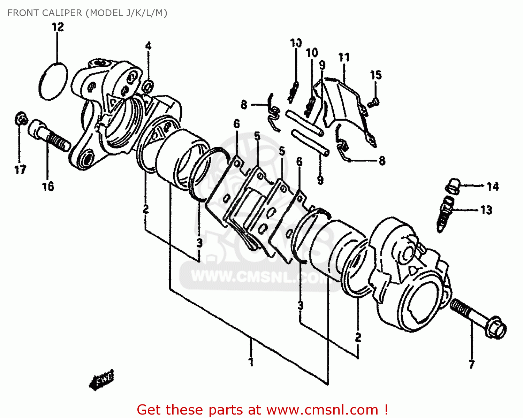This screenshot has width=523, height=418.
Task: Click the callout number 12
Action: [x=58, y=27]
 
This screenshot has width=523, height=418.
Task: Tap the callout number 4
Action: [x=148, y=46]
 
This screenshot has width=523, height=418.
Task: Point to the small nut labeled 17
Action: [x=21, y=119]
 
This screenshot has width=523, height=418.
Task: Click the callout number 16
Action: [x=48, y=187]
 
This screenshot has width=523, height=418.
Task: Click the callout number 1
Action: [x=251, y=362]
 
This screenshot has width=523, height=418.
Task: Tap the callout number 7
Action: [x=471, y=364]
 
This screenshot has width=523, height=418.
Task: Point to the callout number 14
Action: [x=493, y=187]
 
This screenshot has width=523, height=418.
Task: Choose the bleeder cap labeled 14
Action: [x=453, y=185]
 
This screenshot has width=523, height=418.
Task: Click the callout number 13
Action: [x=486, y=210]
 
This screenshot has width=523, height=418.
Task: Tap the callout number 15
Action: [x=376, y=75]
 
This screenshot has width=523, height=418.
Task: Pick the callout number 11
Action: [x=344, y=58]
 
